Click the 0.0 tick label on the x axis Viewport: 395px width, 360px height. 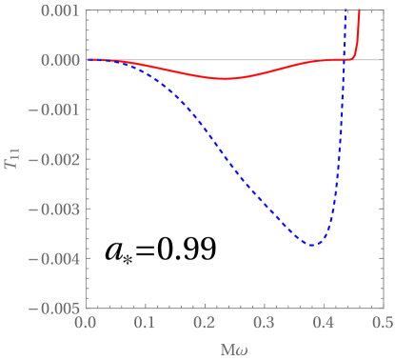click(x=86, y=324)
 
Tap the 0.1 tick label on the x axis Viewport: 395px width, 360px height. click(x=145, y=324)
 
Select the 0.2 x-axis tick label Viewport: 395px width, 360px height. click(x=205, y=324)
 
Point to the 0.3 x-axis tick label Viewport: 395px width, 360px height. click(x=264, y=324)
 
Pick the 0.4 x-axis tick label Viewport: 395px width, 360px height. click(x=324, y=324)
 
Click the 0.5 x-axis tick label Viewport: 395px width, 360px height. click(x=383, y=324)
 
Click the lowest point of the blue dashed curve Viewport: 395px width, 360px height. click(x=310, y=246)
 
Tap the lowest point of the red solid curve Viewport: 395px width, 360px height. click(x=228, y=79)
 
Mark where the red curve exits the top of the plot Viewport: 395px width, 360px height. click(x=360, y=11)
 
